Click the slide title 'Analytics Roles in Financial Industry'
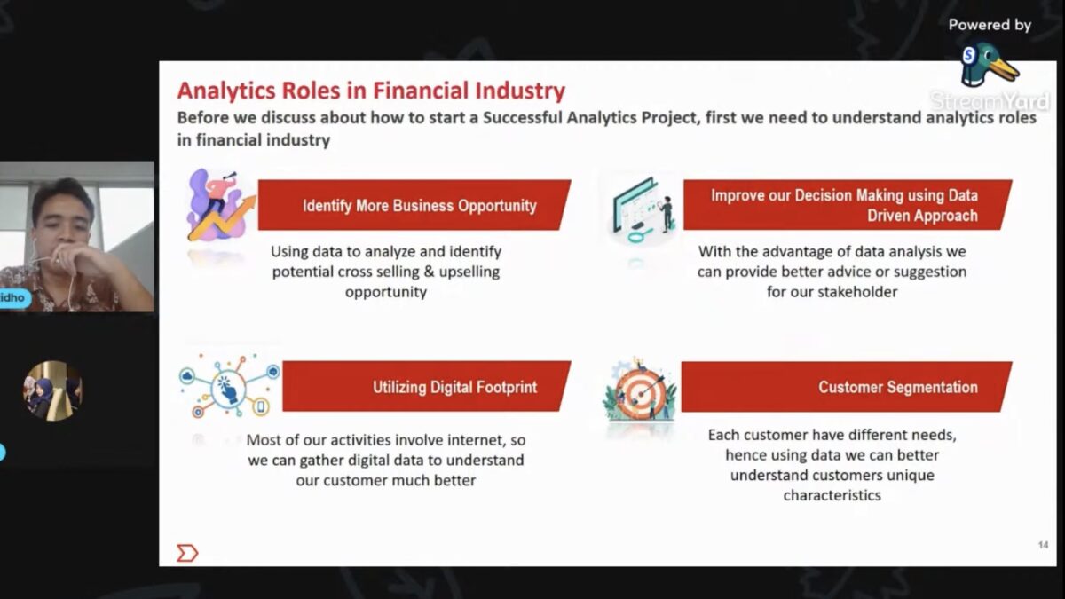[371, 91]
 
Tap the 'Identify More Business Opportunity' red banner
[414, 205]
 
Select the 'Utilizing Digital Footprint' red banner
[427, 386]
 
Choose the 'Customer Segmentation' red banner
[847, 387]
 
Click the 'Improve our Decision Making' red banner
[848, 205]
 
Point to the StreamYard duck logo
[988, 65]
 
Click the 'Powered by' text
[990, 25]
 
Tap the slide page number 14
[1043, 545]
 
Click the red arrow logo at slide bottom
[187, 553]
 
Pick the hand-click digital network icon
[229, 386]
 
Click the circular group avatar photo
[52, 390]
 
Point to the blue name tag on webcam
[14, 298]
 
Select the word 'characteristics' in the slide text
[832, 495]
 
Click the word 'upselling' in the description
[469, 272]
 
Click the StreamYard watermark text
[990, 101]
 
